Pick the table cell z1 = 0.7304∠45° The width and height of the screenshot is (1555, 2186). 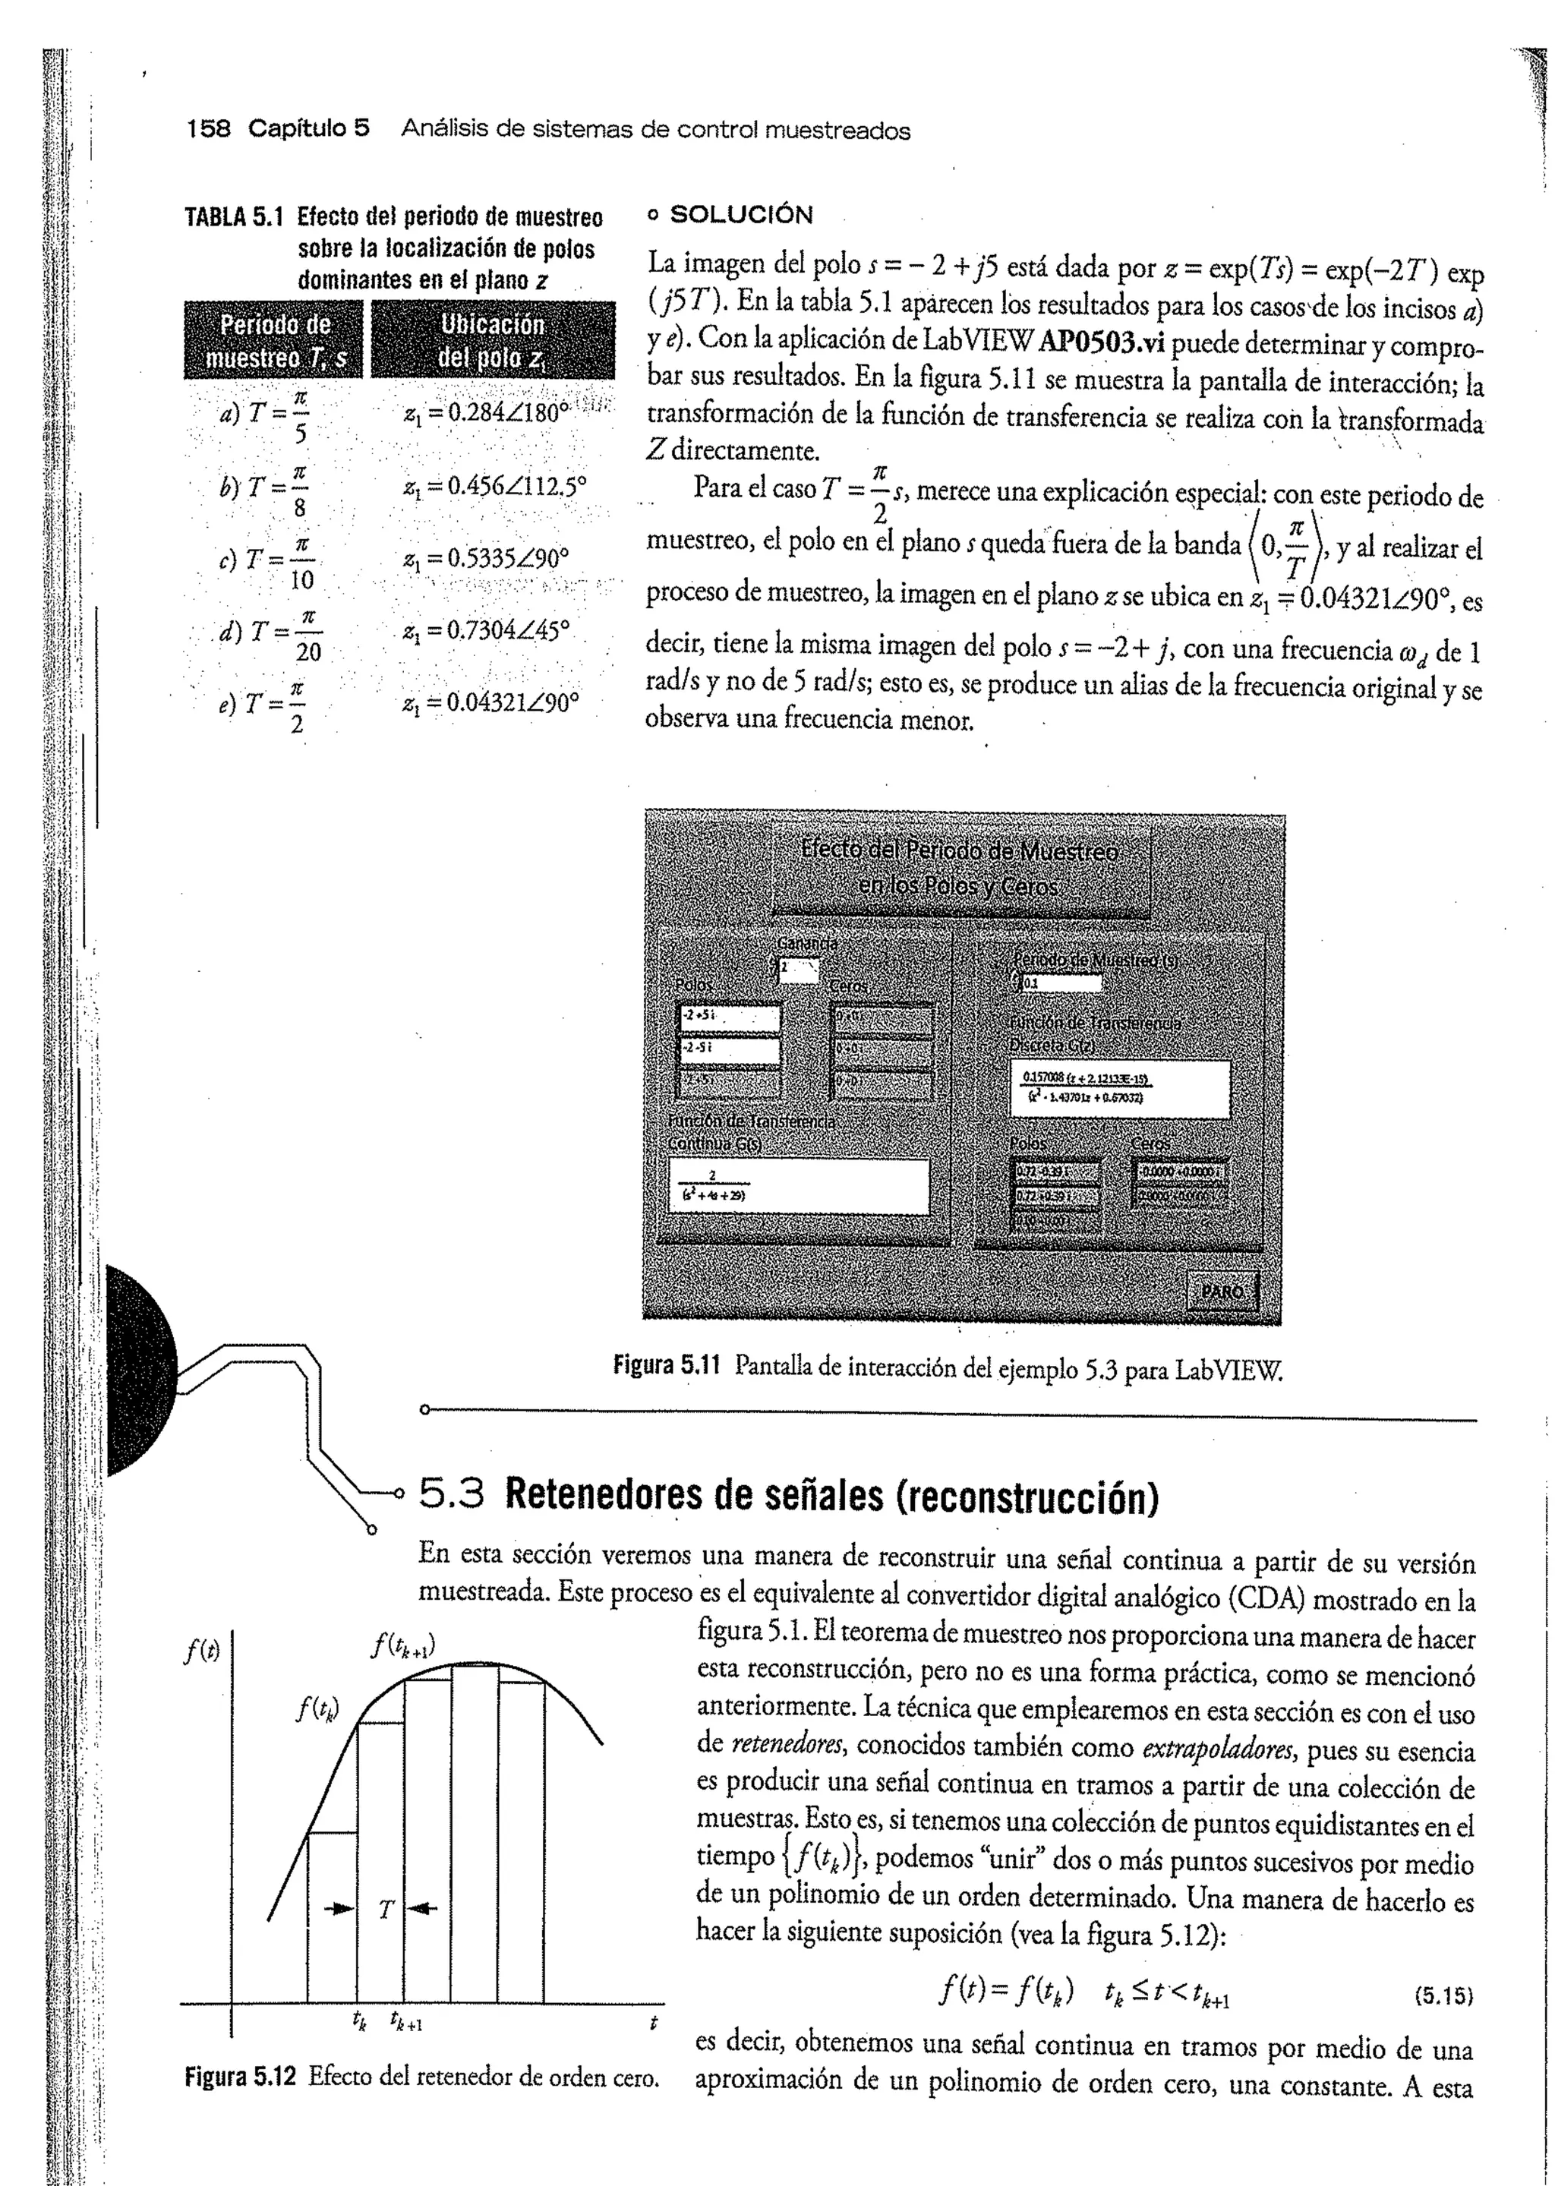[x=487, y=631]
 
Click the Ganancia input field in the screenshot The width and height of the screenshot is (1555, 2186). [x=796, y=970]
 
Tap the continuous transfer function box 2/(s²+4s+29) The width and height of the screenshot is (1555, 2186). [x=799, y=1186]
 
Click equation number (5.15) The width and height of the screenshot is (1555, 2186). [x=1442, y=1998]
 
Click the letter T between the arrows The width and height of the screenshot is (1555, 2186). [x=385, y=1910]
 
